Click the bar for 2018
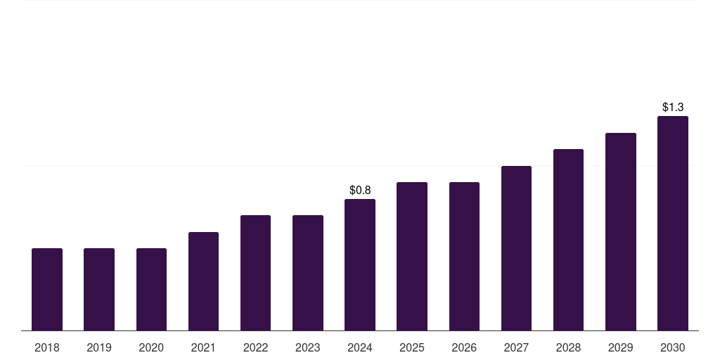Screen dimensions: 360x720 [47, 289]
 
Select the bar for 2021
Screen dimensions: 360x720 [203, 281]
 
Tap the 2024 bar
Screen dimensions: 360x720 [360, 264]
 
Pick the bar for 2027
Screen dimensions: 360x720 [516, 248]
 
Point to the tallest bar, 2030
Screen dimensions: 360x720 [673, 223]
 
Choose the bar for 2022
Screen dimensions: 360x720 [255, 273]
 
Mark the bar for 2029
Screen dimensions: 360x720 [621, 231]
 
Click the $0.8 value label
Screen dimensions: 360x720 [360, 190]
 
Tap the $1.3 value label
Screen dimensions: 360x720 [673, 107]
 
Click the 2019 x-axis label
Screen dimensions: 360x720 [99, 347]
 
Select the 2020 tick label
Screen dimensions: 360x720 [151, 347]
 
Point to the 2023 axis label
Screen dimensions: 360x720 [308, 347]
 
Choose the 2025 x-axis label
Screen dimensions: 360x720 [412, 347]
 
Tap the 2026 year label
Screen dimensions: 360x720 [464, 347]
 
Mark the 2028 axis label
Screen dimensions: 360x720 [568, 347]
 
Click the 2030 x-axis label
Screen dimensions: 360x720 [673, 347]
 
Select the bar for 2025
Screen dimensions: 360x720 [412, 256]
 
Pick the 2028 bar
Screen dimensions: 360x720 [568, 240]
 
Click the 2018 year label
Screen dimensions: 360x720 [47, 347]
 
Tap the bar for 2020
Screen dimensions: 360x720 [151, 289]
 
